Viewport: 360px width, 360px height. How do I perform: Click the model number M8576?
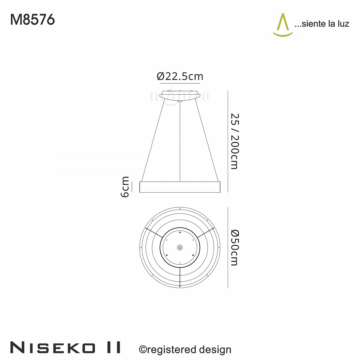coord(32,20)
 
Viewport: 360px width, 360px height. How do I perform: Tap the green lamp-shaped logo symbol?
coord(283,25)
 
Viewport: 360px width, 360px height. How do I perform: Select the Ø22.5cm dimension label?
coord(180,76)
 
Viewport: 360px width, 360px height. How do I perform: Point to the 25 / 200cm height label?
coord(234,141)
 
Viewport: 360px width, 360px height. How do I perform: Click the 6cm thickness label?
coord(125,187)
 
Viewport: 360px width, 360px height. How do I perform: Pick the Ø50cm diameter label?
coord(234,247)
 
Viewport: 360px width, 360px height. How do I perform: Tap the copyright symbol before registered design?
coord(143,349)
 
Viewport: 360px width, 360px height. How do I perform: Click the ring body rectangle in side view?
coord(180,187)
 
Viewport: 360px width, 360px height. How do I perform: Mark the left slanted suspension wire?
coord(153,140)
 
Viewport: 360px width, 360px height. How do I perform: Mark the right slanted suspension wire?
coord(207,140)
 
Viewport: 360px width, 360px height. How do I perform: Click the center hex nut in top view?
coord(180,247)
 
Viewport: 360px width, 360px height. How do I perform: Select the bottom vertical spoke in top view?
coord(180,277)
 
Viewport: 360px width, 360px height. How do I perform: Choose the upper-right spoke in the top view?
coord(206,233)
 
